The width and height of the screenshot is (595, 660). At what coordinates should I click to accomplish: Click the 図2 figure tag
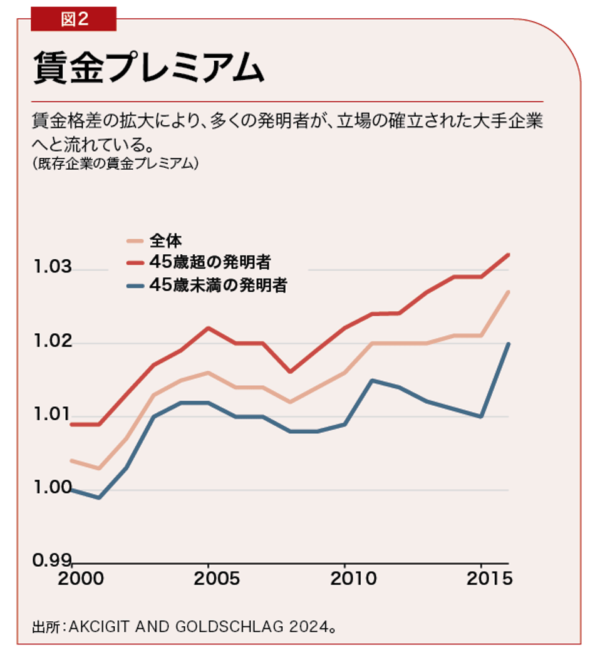pos(74,19)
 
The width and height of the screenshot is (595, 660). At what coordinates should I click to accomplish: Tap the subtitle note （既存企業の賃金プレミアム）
pos(116,163)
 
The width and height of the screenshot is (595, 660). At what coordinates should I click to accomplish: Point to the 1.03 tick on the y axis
pos(53,267)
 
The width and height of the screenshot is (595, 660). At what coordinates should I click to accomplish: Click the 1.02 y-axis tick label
pos(53,341)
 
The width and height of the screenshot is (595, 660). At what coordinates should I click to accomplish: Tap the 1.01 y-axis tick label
pos(53,414)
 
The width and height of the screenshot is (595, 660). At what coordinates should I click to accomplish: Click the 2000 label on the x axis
pos(82,578)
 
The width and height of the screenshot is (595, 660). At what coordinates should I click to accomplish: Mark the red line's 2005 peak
pos(208,327)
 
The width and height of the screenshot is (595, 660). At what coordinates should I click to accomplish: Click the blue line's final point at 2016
pos(509,344)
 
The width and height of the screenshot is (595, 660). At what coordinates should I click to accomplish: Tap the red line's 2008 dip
pos(289,372)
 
